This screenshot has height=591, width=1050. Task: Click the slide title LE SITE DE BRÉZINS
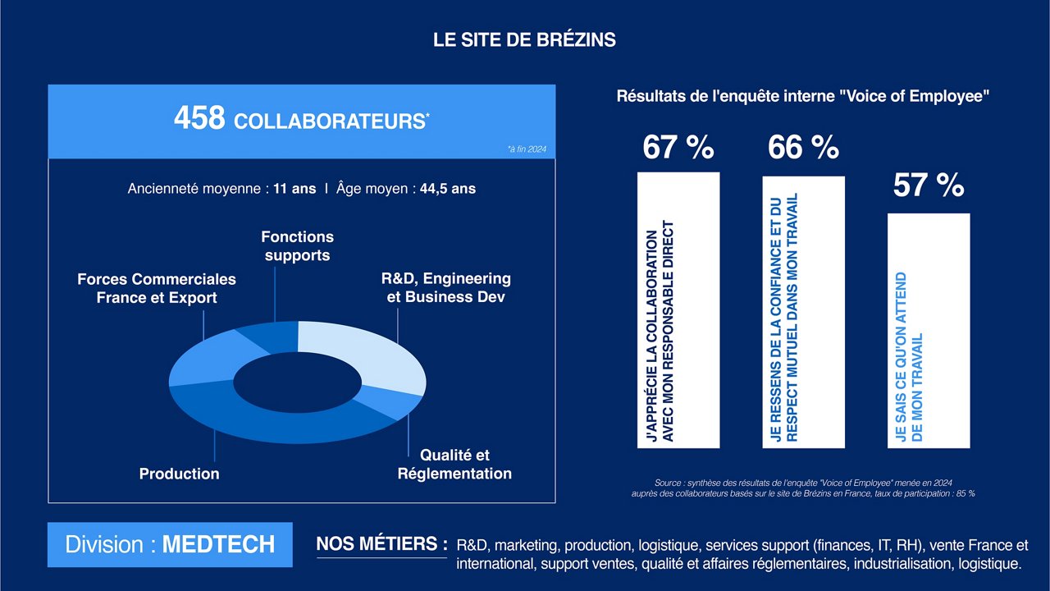point(524,39)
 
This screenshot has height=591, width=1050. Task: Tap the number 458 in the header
point(199,119)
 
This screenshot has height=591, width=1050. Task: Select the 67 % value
point(678,148)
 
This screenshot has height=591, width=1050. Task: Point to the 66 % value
point(803,148)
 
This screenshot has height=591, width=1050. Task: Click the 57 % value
point(928,186)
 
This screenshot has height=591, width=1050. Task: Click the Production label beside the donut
point(179,474)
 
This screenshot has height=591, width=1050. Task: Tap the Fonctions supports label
point(297,246)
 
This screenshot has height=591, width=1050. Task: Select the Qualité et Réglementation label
point(454,465)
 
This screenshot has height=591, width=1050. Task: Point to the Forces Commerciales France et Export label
point(157,289)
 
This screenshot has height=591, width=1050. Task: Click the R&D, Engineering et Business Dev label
point(446,288)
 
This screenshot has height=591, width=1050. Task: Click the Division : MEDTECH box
point(170,545)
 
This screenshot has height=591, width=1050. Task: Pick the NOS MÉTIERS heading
point(382,544)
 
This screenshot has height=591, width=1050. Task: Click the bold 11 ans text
point(294,189)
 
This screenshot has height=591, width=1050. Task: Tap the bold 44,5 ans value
point(447,189)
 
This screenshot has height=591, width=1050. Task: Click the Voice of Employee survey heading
point(803,96)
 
